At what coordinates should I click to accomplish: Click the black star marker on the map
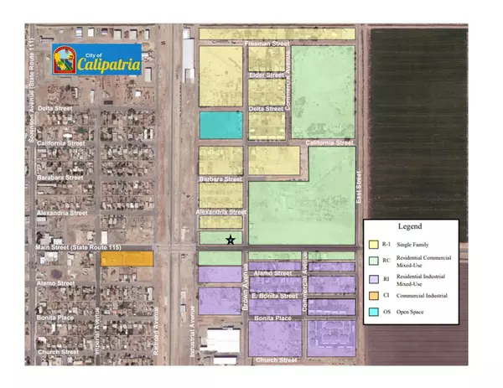pos(231,241)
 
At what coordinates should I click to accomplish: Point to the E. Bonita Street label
pos(274,297)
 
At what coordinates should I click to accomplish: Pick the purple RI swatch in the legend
pos(374,279)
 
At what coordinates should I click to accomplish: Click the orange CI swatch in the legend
pos(374,296)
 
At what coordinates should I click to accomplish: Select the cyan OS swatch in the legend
pos(374,313)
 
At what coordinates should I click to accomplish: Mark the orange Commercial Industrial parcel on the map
pos(127,259)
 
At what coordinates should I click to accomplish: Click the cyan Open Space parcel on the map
pos(220,125)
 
